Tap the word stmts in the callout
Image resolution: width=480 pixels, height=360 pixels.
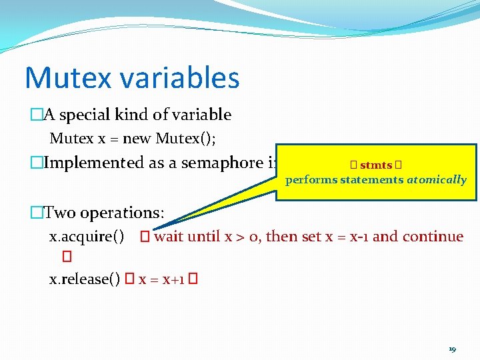pos(376,165)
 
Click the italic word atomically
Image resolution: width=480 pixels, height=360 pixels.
pos(437,179)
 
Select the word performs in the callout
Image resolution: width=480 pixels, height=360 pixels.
pos(311,179)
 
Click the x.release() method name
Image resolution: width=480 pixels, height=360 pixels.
pos(85,279)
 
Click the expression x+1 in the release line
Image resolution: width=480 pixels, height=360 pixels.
pos(171,279)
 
